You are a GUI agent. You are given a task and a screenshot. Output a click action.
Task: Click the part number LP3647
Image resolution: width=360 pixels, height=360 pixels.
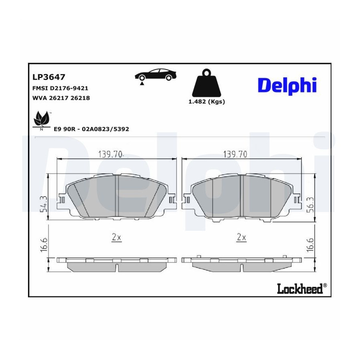point(49,77)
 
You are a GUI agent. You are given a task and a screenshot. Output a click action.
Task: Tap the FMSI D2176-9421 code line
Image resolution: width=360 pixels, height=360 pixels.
point(60,88)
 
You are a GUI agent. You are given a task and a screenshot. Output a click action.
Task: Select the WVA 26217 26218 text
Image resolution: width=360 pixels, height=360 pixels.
point(61,98)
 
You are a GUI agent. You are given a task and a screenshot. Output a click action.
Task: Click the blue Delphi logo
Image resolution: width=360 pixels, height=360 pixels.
point(287,86)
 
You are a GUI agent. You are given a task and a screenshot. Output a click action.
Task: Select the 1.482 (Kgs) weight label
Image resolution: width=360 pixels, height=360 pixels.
point(207,102)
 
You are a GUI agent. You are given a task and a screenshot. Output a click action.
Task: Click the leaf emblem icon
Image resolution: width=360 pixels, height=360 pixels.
point(42,120)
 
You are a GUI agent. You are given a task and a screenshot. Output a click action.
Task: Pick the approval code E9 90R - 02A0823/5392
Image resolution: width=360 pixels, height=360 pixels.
point(91,129)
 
